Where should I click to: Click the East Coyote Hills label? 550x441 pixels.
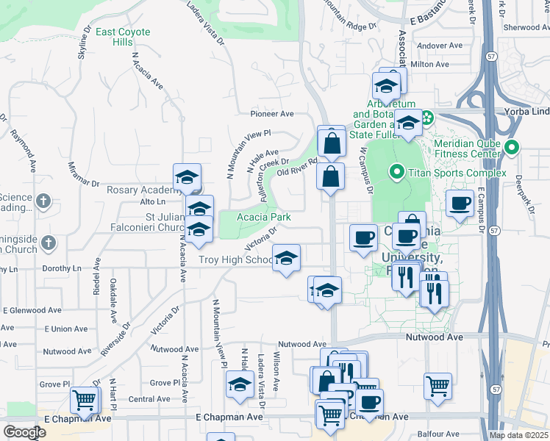(123, 37)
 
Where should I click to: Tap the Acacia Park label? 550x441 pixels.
(264, 217)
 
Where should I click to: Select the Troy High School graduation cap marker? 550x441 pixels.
(286, 258)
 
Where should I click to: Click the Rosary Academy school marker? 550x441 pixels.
(187, 177)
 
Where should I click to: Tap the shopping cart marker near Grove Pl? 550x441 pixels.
(85, 401)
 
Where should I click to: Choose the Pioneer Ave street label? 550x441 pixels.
(272, 114)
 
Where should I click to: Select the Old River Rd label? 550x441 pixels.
(296, 167)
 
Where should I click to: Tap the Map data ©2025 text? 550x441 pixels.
(518, 435)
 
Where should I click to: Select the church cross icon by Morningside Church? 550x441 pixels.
(49, 242)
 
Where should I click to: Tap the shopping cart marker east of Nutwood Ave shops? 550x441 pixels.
(438, 385)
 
